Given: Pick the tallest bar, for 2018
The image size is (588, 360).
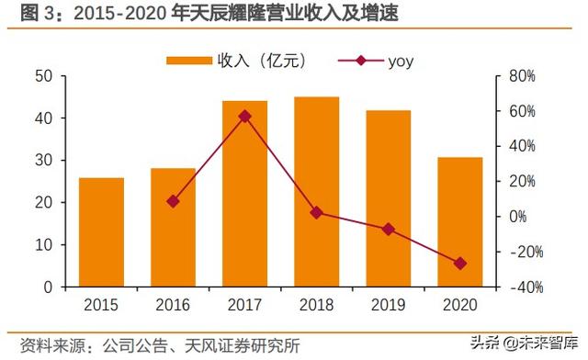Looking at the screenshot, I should coord(316,192).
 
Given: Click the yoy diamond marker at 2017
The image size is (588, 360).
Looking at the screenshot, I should coord(244,117).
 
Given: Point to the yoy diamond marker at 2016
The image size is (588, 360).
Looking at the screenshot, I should coord(173,201).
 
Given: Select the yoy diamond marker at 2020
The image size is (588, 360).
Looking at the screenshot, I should coord(459,264).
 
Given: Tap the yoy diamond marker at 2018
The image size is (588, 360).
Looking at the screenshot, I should coord(316,212).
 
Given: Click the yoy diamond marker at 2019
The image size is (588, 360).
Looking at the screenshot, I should coord(388,229).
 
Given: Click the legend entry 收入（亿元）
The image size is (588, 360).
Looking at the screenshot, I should coord(235,61).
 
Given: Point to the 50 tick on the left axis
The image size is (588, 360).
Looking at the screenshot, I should coord(42,76).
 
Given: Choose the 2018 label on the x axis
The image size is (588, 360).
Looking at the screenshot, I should coord(316,305).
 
